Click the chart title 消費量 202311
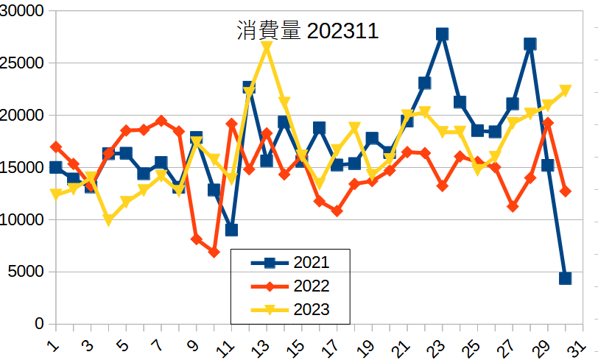point(307,32)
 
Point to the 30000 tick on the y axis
point(23,11)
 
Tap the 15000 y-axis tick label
point(23,168)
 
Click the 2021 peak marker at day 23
point(442,34)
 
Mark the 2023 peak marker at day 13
point(267,46)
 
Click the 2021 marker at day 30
point(565,278)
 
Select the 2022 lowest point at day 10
point(214,253)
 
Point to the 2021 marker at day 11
point(231,230)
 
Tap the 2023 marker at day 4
point(108,220)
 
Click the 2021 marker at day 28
point(530,44)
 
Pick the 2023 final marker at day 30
point(565,91)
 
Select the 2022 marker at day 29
point(547,123)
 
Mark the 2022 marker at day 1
point(56,147)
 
